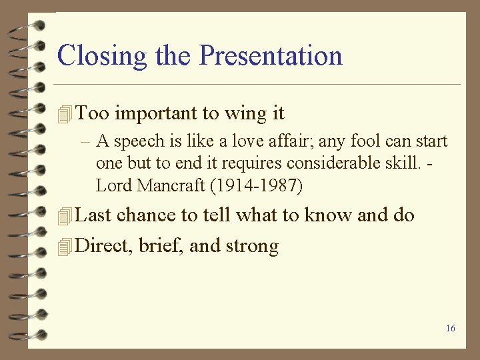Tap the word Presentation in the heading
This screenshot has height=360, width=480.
tap(271, 55)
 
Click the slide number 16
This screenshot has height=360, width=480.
tap(451, 328)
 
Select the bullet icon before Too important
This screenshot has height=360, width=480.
tap(64, 115)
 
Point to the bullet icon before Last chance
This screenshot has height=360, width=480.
tap(64, 216)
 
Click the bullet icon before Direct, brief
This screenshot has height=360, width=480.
tap(64, 247)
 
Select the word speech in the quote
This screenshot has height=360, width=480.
tap(137, 141)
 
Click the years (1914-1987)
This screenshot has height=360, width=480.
tap(257, 186)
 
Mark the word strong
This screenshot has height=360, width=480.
tap(252, 247)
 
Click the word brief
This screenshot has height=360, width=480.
tap(162, 246)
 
